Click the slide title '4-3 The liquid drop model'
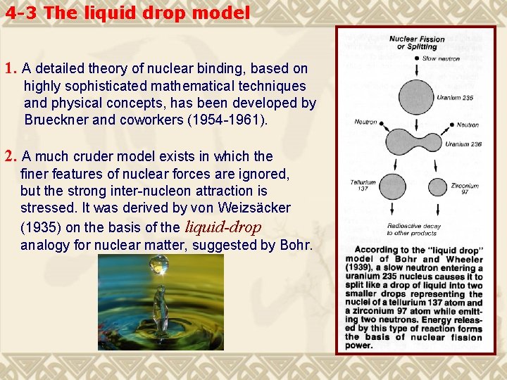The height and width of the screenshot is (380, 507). (127, 13)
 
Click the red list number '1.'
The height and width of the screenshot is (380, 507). (11, 69)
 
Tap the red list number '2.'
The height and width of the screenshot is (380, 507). (11, 156)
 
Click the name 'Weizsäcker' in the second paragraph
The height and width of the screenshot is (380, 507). (256, 208)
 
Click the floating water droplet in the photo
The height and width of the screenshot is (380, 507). (159, 265)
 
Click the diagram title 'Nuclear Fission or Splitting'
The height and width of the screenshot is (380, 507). (417, 43)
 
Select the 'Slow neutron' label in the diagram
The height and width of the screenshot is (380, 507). (440, 58)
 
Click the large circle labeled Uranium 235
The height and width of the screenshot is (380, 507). (416, 97)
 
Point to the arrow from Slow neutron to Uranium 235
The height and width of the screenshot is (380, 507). (416, 69)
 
